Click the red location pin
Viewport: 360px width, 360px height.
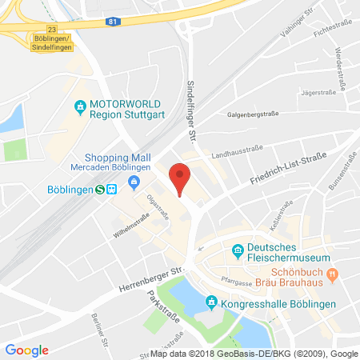point(182,175)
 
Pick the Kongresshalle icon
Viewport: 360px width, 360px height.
point(211,302)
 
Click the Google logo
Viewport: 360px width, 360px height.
point(26,350)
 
